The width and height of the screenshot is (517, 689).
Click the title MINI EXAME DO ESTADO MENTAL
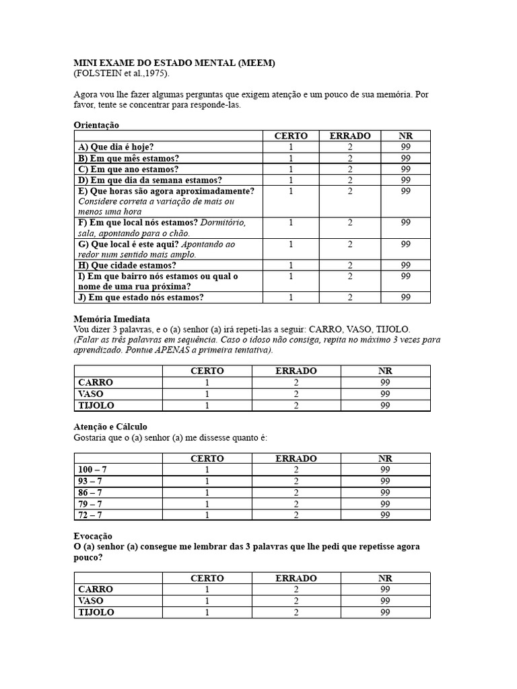coord(174,63)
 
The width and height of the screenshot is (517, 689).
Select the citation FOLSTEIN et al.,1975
coord(122,73)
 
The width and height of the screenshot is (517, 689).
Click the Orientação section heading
coord(96,125)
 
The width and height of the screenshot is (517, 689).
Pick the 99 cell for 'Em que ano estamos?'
coord(405,169)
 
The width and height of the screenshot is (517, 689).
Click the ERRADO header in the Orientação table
coord(350,136)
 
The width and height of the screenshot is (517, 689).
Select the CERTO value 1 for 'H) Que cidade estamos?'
coord(291,265)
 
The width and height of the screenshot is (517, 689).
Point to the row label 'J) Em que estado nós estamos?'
coord(141,297)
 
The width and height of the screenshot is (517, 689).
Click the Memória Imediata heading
coord(112,318)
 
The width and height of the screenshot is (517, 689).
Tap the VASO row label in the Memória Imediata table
coord(91,394)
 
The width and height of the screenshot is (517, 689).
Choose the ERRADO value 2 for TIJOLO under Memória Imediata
coord(296,405)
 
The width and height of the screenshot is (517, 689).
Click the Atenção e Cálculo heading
coord(110,427)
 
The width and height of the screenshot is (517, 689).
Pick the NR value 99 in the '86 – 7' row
coord(385,493)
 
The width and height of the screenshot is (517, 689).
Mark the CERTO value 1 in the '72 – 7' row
coord(207,515)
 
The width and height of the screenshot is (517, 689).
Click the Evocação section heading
coord(93,536)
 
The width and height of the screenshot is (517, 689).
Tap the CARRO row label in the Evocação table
coord(96,589)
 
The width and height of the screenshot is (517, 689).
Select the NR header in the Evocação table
coord(385,578)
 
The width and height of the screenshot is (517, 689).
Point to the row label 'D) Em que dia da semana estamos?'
coord(150,180)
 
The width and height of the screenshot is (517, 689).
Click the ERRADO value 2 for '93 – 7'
coord(296,481)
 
